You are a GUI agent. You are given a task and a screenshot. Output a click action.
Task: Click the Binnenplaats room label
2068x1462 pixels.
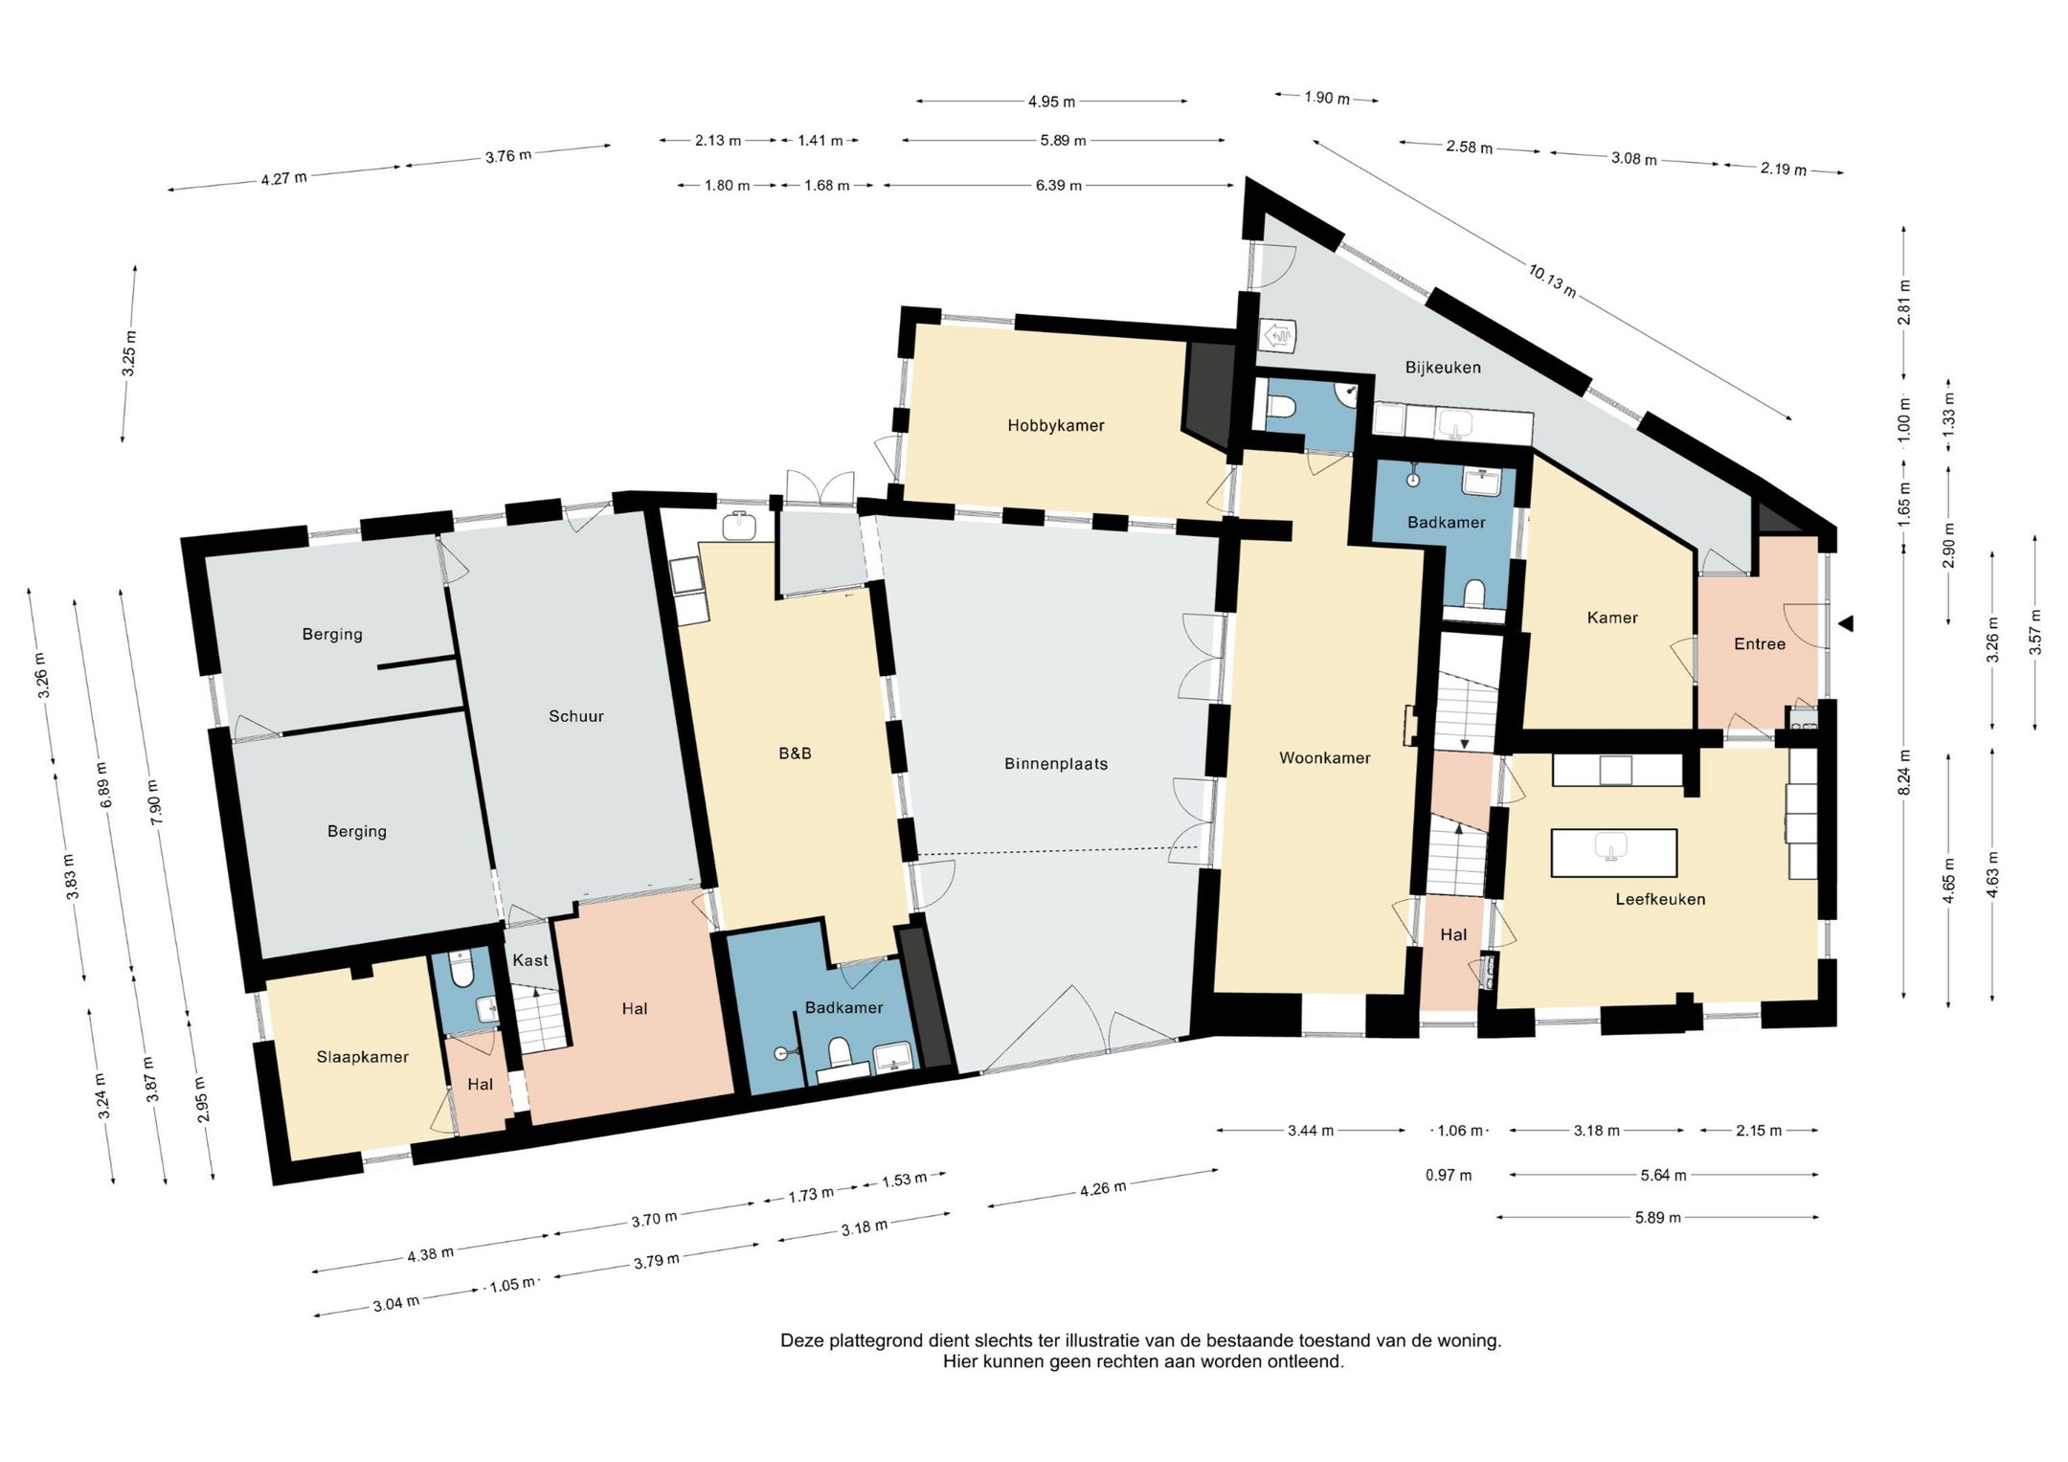(x=1056, y=764)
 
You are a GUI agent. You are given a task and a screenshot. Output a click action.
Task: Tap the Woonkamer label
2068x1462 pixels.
(x=1325, y=758)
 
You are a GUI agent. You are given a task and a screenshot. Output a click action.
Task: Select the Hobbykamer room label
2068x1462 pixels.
(x=1056, y=426)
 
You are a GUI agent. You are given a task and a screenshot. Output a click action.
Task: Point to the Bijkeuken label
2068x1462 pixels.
(x=1443, y=368)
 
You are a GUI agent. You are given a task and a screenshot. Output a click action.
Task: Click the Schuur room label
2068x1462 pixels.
(x=576, y=716)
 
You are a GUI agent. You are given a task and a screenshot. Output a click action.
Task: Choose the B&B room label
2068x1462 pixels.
(x=795, y=753)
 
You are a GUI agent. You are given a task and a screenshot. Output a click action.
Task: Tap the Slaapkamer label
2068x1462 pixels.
(x=363, y=1057)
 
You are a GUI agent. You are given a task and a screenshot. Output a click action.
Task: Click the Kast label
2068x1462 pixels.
(x=530, y=960)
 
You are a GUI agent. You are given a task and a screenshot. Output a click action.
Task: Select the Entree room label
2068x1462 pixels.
(x=1760, y=644)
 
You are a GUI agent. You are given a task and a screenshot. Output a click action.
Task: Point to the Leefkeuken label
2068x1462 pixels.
(x=1660, y=899)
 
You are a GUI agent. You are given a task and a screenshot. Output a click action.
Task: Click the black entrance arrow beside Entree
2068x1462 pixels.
(x=1847, y=623)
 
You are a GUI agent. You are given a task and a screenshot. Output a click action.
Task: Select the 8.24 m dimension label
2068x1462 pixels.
(x=1905, y=772)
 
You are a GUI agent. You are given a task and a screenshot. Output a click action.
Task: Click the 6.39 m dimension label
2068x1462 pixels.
(x=1058, y=186)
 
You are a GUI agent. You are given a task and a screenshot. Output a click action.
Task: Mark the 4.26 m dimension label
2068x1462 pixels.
(x=1103, y=1188)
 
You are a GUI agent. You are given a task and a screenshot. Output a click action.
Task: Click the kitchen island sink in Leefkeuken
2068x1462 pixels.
(x=1612, y=847)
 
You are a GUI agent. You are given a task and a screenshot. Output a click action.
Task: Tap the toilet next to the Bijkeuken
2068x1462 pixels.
(x=1280, y=406)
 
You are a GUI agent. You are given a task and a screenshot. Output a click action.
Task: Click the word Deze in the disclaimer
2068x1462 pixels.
(x=801, y=1340)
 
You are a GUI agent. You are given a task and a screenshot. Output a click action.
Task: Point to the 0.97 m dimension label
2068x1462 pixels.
(x=1449, y=1175)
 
